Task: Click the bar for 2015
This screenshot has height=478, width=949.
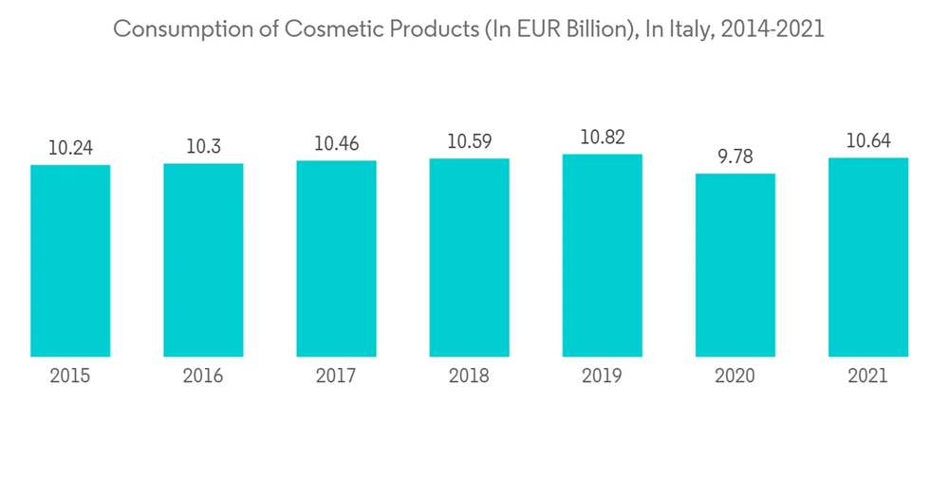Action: click(70, 261)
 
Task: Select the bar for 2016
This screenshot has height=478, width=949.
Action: click(203, 260)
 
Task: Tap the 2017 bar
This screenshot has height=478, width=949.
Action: click(336, 259)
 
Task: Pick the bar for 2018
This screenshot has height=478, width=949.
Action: click(469, 258)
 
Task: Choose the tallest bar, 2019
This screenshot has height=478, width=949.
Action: click(602, 255)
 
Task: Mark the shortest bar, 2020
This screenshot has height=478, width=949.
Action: click(735, 266)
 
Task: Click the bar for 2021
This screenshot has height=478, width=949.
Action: click(867, 257)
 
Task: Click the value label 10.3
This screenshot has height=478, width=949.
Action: click(203, 146)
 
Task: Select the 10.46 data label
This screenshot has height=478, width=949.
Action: click(336, 144)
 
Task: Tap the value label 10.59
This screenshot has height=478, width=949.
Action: click(469, 142)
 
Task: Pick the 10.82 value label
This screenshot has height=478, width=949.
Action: click(602, 138)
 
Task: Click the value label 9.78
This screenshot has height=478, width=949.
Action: click(735, 156)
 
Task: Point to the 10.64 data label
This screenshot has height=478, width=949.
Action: click(867, 141)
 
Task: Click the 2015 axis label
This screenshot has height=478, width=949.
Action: click(70, 377)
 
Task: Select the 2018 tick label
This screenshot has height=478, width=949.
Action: click(469, 377)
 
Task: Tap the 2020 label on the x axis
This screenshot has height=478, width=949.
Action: click(735, 377)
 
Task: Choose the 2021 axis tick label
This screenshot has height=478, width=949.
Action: click(867, 377)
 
